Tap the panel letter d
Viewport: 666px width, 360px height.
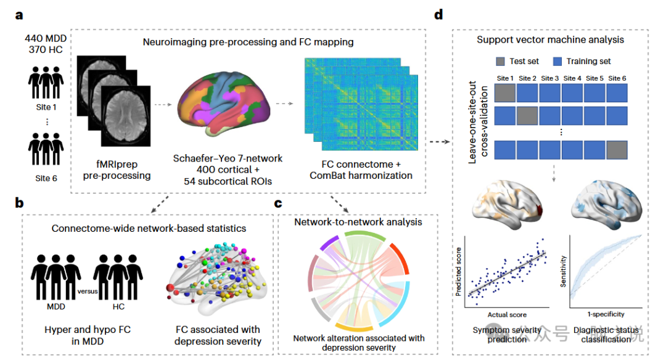(438, 14)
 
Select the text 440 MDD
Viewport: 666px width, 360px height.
(47, 38)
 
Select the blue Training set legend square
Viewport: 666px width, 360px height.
(559, 61)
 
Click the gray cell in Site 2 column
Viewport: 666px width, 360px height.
(527, 116)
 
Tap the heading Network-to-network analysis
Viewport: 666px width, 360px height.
(358, 221)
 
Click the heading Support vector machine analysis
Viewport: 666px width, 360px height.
(550, 40)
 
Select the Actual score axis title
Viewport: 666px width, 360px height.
(508, 314)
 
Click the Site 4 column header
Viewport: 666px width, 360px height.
(572, 78)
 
